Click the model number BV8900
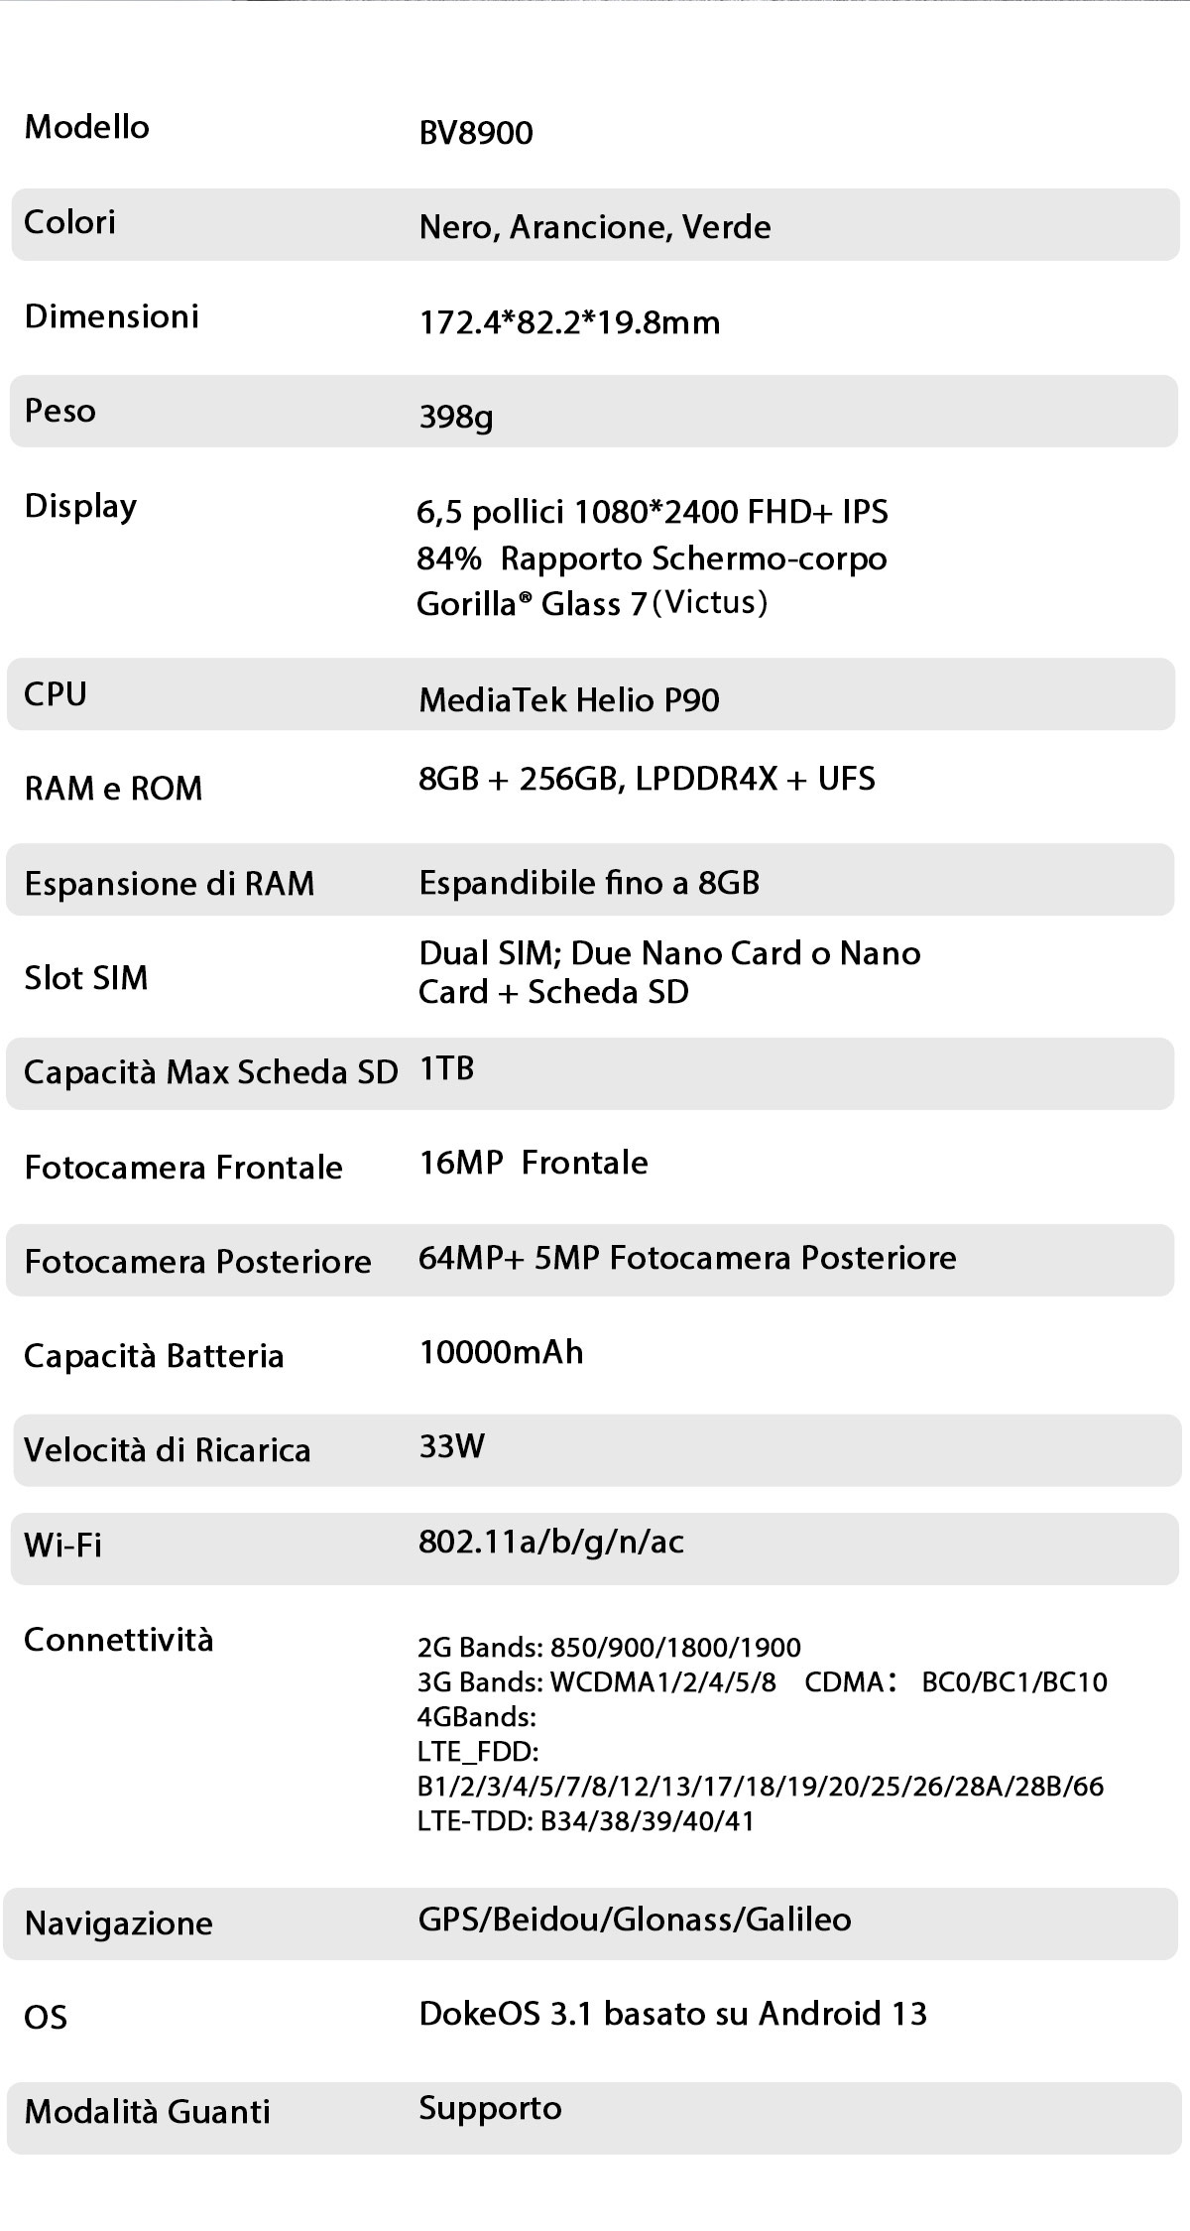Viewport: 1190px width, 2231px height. click(476, 133)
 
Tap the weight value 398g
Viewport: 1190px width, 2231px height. click(456, 417)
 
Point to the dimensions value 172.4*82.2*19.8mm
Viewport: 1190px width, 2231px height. click(569, 322)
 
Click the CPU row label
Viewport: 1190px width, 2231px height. click(56, 694)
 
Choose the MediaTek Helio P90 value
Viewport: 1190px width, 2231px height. click(569, 700)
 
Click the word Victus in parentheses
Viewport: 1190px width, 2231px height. click(712, 602)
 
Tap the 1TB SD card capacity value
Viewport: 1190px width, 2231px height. click(446, 1068)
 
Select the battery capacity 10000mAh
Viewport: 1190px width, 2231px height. click(501, 1352)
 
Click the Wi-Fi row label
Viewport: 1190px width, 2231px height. click(62, 1545)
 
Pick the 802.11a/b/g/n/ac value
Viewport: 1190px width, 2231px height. click(551, 1542)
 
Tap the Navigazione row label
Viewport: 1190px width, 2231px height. click(119, 1923)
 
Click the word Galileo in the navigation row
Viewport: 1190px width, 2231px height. click(798, 1920)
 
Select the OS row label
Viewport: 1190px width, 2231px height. click(46, 2018)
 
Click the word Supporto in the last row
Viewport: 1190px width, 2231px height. click(490, 2108)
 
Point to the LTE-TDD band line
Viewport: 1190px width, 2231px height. click(586, 1821)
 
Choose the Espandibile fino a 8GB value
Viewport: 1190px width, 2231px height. click(589, 883)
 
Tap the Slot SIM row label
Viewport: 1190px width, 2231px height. click(86, 978)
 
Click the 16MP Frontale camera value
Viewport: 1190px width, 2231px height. click(534, 1163)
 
